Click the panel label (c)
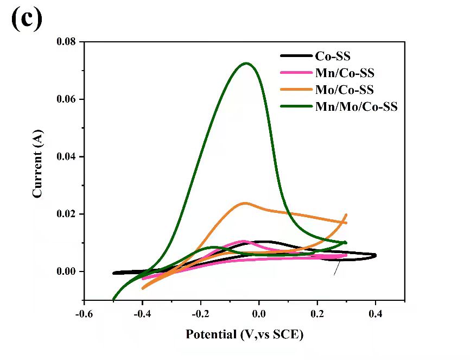tap(26, 20)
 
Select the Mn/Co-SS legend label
tap(345, 73)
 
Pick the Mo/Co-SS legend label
tap(344, 90)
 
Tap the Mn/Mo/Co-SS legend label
tap(357, 106)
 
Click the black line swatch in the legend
tap(296, 56)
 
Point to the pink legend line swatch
tap(296, 73)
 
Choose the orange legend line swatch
tap(296, 90)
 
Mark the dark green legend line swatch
tap(296, 106)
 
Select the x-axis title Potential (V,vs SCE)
tap(245, 334)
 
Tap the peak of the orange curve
tap(245, 203)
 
